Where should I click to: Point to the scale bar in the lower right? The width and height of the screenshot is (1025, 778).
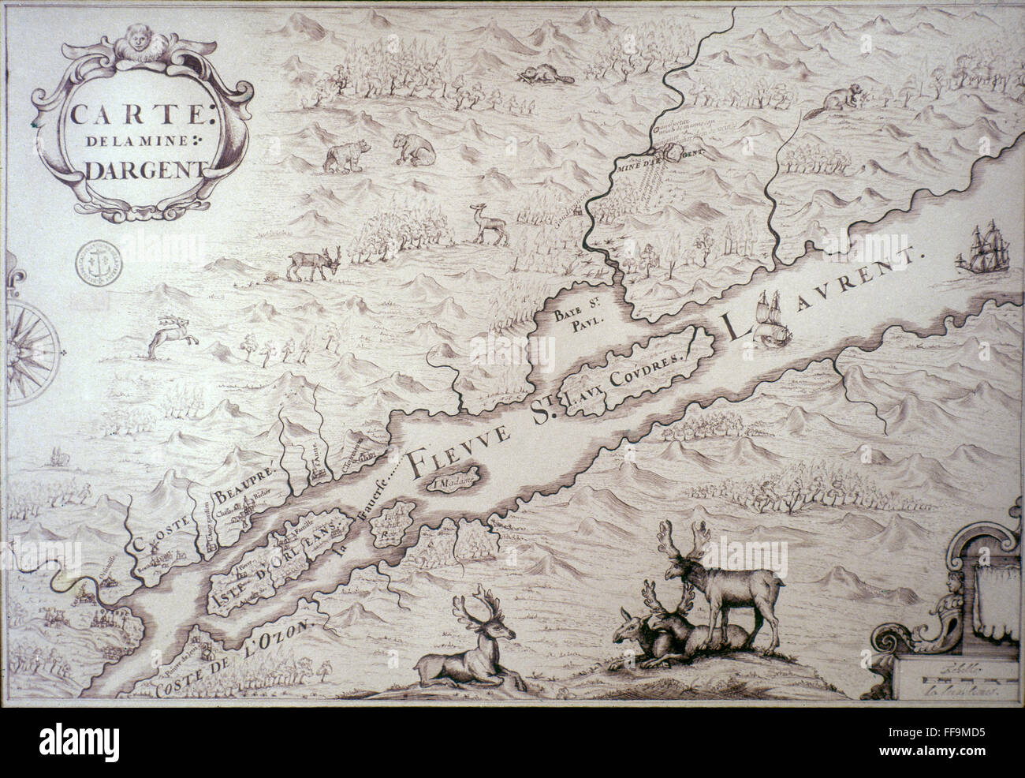pos(956,676)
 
